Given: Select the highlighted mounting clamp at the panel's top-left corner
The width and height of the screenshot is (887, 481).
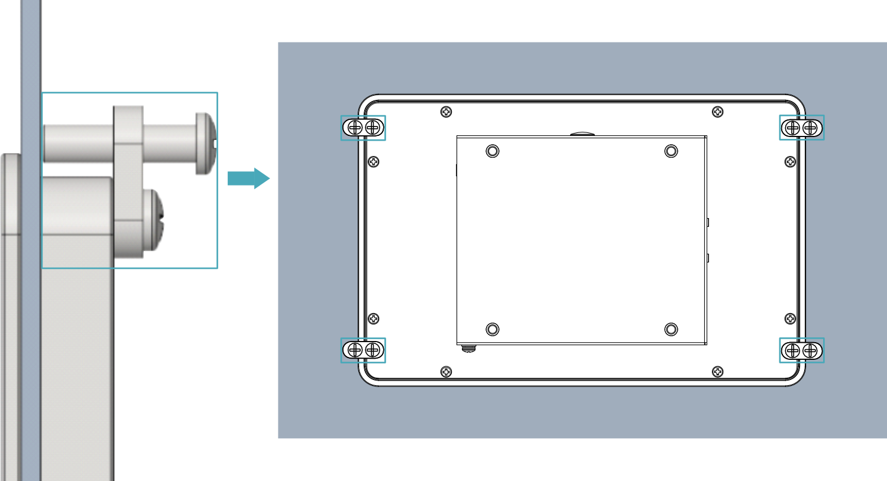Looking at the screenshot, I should click(363, 128).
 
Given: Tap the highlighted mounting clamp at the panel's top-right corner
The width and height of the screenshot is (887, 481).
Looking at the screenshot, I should click(801, 128).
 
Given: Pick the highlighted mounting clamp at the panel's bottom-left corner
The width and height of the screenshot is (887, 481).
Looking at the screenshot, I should click(363, 350).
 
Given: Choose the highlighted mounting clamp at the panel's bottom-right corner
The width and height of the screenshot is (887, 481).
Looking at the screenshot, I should click(801, 350).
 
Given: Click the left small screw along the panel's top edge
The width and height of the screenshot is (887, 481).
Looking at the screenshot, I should click(446, 112).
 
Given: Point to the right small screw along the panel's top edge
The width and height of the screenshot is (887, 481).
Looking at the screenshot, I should click(717, 112).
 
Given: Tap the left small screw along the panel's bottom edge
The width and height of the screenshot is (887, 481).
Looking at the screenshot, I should click(446, 372).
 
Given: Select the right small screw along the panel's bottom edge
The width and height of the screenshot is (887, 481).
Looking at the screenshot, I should click(717, 372).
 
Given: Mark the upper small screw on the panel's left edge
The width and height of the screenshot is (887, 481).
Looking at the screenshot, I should click(374, 162).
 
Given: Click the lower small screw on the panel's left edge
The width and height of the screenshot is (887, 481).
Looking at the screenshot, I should click(374, 319).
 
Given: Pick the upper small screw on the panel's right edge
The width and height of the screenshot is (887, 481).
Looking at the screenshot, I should click(790, 162).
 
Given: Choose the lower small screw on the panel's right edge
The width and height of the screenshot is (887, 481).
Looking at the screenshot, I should click(790, 319).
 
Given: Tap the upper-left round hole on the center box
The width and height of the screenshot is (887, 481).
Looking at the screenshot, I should click(493, 151).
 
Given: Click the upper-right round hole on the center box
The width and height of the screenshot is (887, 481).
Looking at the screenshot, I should click(671, 151).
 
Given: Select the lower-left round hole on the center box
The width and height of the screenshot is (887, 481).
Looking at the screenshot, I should click(493, 329).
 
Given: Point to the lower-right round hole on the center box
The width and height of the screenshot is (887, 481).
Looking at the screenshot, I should click(671, 329).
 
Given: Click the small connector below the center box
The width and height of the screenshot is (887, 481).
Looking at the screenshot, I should click(468, 348).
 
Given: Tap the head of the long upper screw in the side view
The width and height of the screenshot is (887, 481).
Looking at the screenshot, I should click(205, 144).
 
